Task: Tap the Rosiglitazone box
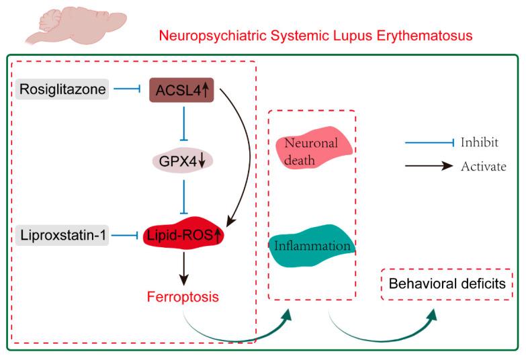[x=62, y=89]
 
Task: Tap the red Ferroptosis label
[x=184, y=296]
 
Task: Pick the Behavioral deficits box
[x=449, y=285]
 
